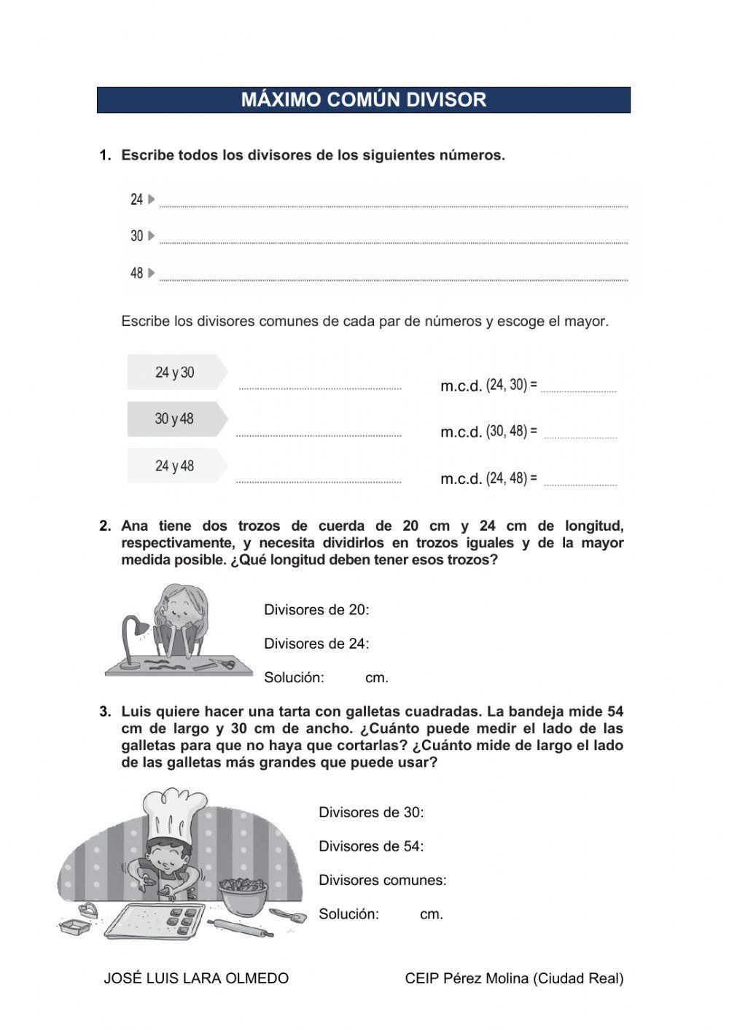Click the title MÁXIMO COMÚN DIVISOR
[363, 100]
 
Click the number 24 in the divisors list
[136, 200]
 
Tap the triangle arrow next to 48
[152, 273]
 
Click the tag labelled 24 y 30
[176, 372]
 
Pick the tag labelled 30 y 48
[175, 419]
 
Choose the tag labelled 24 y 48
[175, 466]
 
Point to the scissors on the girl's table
[222, 663]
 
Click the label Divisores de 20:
[316, 610]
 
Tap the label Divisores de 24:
[316, 644]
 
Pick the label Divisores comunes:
[382, 881]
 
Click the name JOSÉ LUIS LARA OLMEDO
[196, 978]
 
